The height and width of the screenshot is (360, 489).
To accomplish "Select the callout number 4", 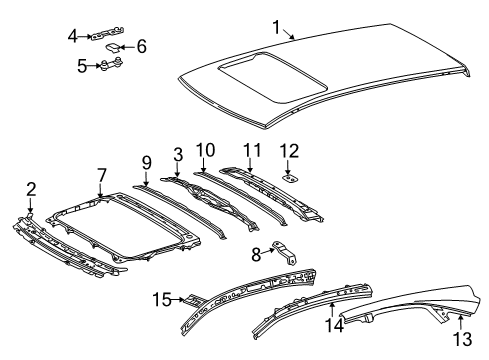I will [71, 36].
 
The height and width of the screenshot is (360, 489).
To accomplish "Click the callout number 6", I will [141, 45].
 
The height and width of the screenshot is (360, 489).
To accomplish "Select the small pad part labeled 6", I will [116, 46].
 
